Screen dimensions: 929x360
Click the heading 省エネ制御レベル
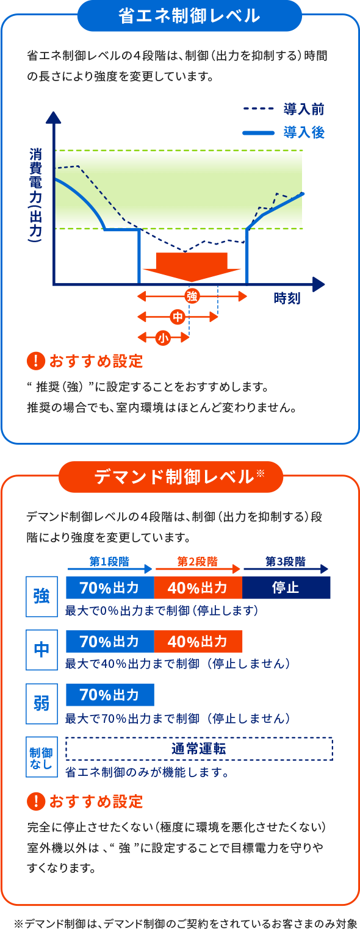(189, 16)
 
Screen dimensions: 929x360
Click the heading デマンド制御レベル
(174, 477)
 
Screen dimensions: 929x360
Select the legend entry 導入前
(303, 110)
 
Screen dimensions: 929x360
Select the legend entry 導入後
(303, 132)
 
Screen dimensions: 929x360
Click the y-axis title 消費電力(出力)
(36, 195)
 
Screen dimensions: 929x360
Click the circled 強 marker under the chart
(192, 296)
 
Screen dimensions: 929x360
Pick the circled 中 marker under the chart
(178, 317)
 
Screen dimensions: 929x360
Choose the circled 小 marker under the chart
(164, 337)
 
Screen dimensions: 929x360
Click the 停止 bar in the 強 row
(286, 588)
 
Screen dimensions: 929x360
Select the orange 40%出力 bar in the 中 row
(198, 642)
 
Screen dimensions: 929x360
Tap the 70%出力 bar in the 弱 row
(110, 695)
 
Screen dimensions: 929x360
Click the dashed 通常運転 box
(199, 748)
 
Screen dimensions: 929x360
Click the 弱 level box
(41, 703)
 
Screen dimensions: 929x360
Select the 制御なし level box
(41, 757)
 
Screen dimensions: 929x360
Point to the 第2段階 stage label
(198, 561)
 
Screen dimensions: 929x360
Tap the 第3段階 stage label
(286, 561)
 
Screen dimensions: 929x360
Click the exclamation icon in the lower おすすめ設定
(36, 800)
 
